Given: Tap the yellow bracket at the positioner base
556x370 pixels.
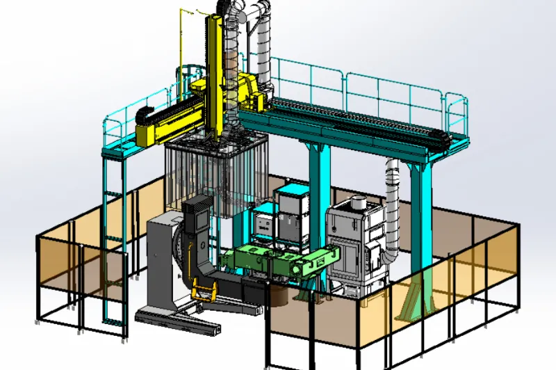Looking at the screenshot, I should (x=203, y=292).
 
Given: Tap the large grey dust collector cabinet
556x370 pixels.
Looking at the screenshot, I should (x=358, y=243).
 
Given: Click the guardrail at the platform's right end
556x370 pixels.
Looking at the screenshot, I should (x=457, y=115).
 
